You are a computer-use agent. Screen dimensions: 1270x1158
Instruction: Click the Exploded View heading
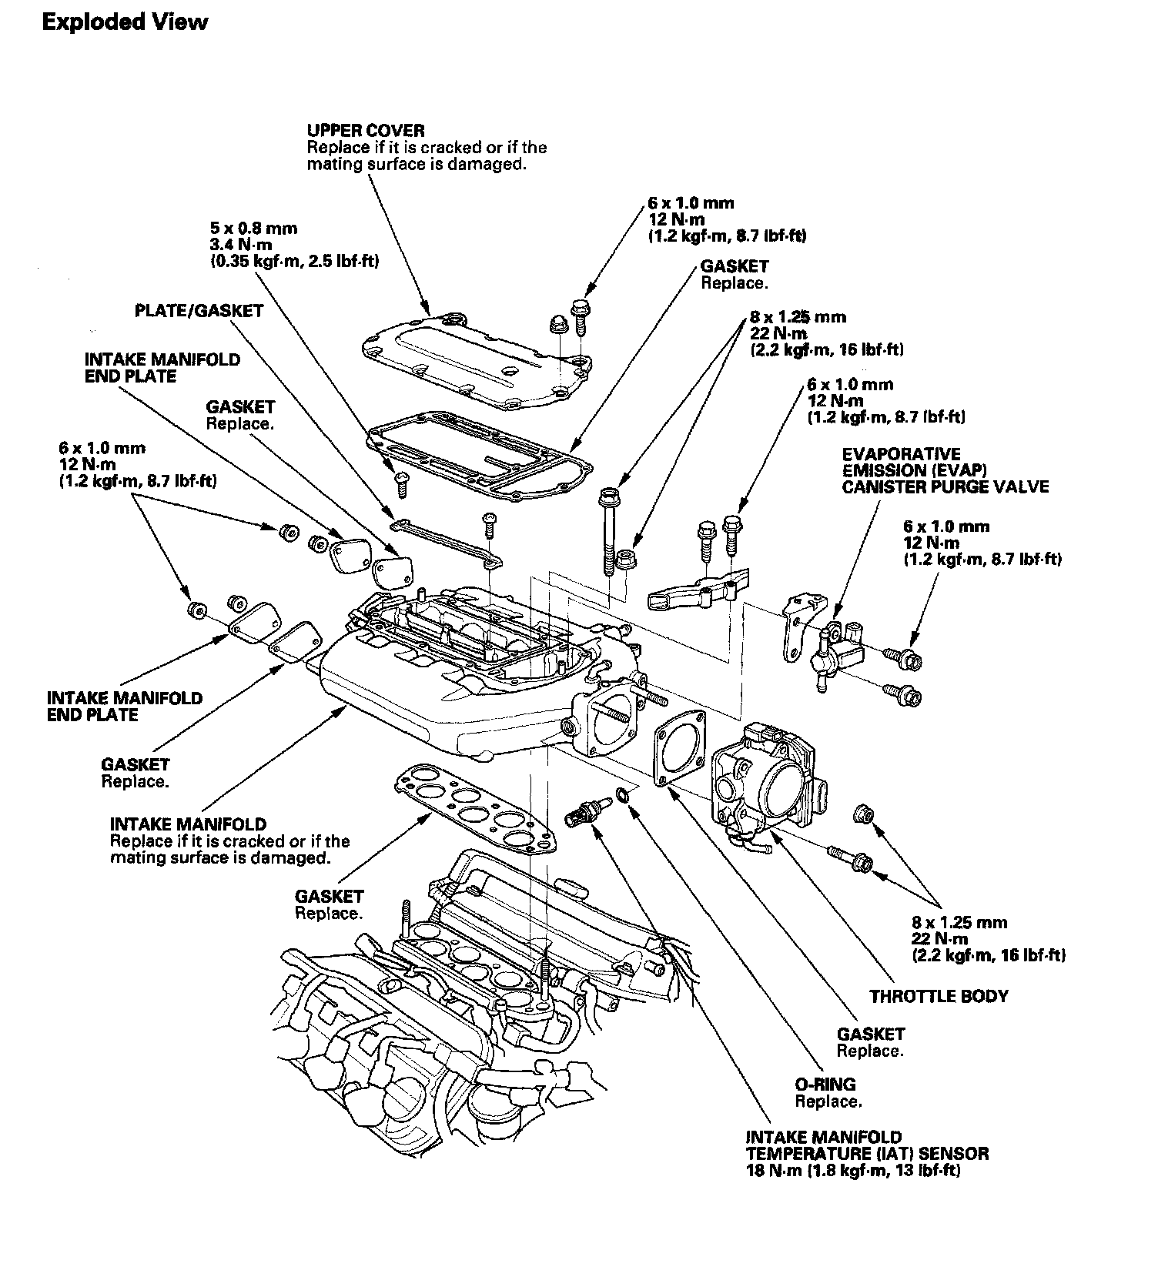click(124, 22)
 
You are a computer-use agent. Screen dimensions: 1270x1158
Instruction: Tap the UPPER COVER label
click(366, 130)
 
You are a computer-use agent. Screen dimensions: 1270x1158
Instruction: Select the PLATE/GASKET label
click(199, 311)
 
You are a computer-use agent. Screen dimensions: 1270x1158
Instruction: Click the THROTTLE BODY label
click(939, 996)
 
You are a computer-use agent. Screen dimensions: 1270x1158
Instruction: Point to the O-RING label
click(825, 1085)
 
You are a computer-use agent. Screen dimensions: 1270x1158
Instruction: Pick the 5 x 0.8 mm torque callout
click(253, 229)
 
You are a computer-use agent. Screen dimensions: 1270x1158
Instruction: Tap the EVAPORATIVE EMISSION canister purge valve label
click(945, 470)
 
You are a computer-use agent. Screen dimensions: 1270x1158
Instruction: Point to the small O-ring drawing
click(624, 795)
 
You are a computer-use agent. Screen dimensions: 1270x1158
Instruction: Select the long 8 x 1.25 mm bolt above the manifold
click(607, 531)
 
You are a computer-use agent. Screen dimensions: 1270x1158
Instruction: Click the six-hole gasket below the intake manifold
click(477, 807)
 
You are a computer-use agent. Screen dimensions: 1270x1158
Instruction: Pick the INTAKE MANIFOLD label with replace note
click(188, 824)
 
